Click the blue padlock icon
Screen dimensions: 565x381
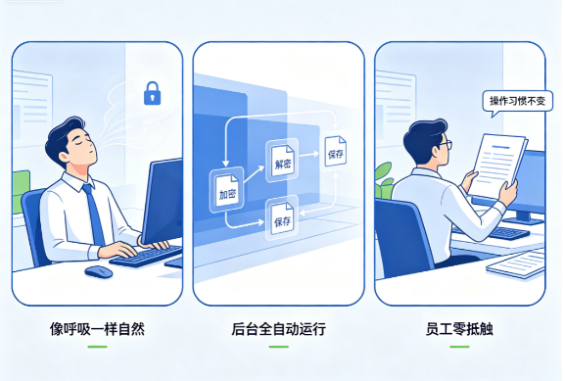(152, 93)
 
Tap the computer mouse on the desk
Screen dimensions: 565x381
(99, 271)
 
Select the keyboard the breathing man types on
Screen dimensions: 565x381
(147, 256)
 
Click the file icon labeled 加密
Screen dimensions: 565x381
(226, 190)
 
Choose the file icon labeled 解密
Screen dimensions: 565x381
(282, 161)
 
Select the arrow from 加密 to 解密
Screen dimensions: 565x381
(254, 174)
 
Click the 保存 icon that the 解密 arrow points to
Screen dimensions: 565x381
(335, 151)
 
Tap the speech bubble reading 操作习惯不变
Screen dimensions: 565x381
(517, 101)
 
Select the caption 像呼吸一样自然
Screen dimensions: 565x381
(97, 329)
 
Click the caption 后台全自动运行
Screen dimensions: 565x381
(278, 329)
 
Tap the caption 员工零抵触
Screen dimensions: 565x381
(459, 329)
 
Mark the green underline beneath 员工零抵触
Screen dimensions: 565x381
(459, 347)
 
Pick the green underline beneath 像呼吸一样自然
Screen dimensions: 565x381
(97, 347)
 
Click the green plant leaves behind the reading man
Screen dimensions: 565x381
(384, 180)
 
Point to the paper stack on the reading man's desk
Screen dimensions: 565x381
(516, 263)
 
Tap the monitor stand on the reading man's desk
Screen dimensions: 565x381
(523, 217)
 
